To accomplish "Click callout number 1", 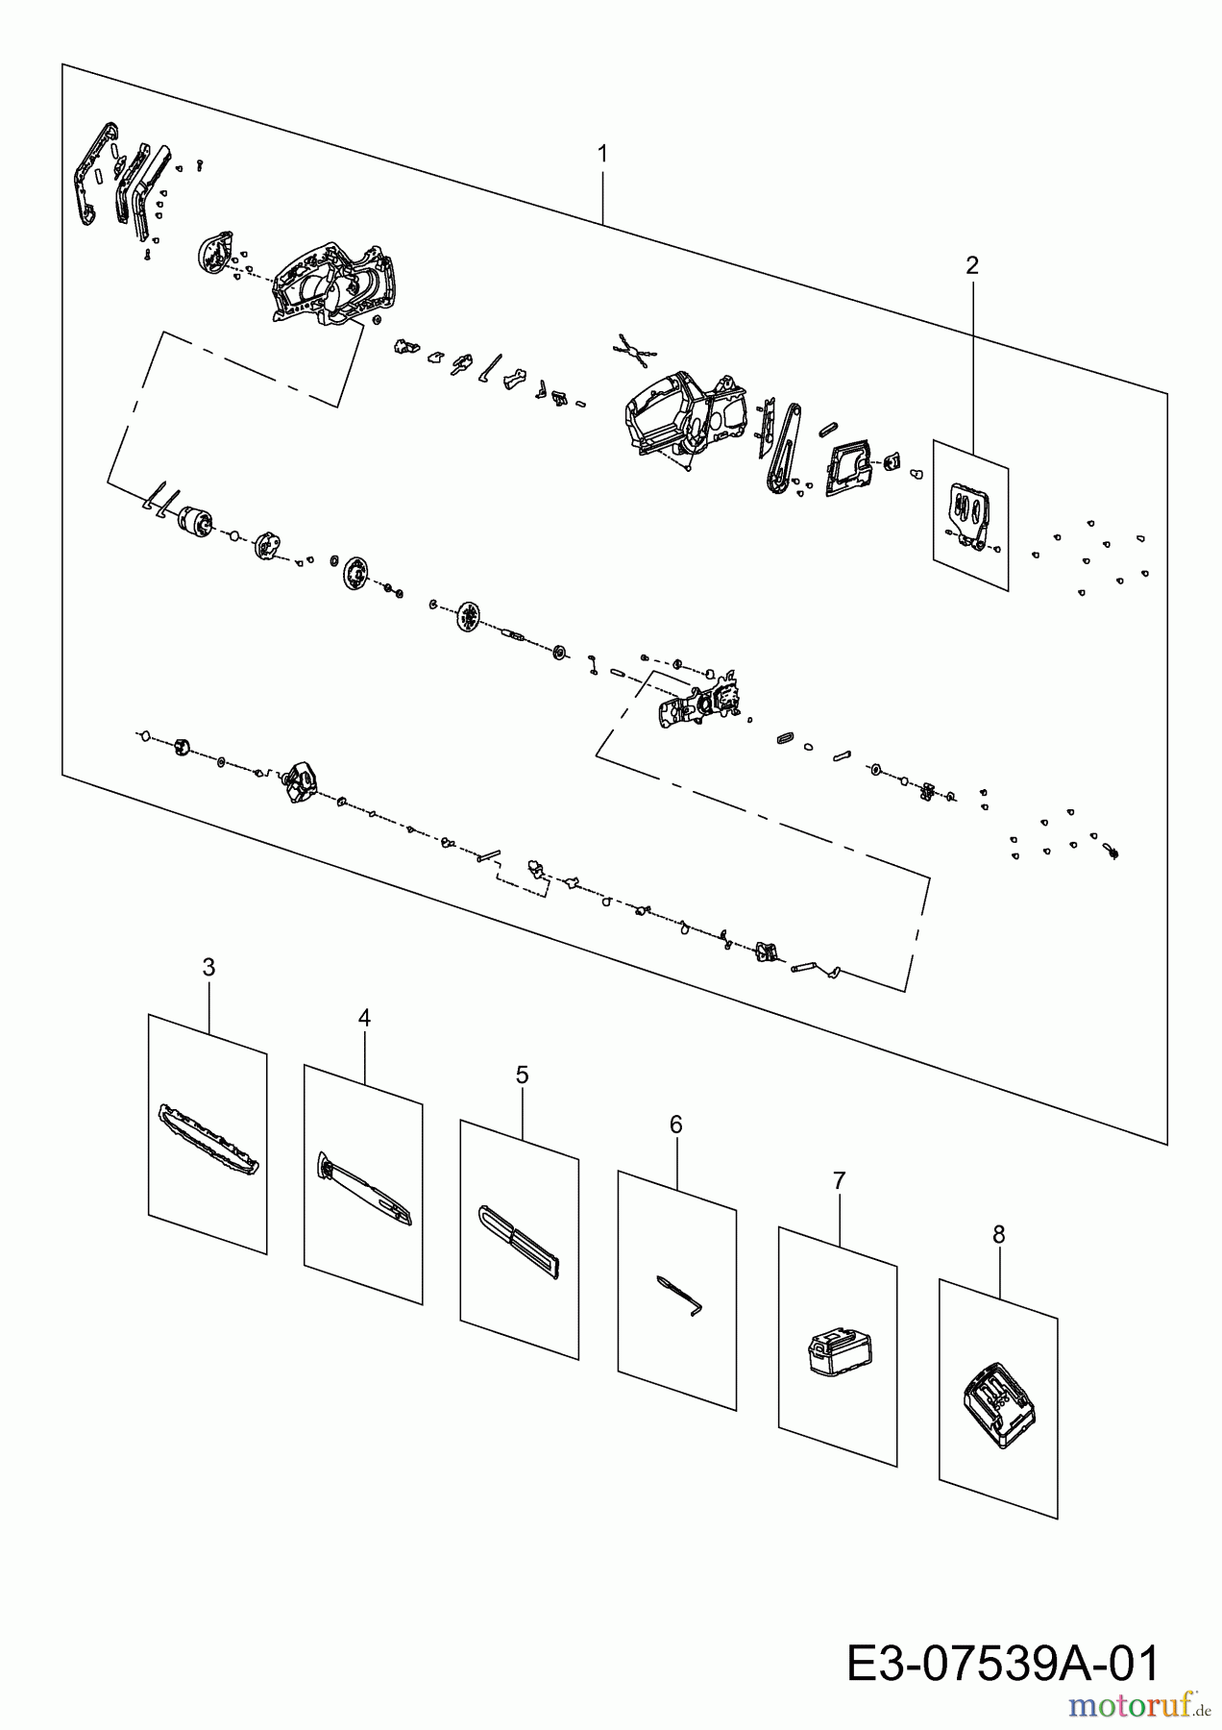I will [602, 154].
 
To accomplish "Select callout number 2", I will [971, 265].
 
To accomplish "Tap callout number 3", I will [208, 967].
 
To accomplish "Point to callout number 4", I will [364, 1018].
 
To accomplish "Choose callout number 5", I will [522, 1075].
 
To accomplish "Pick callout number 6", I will [675, 1124].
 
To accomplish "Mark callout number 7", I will [839, 1180].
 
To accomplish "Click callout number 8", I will [998, 1235].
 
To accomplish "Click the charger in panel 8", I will [999, 1403].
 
